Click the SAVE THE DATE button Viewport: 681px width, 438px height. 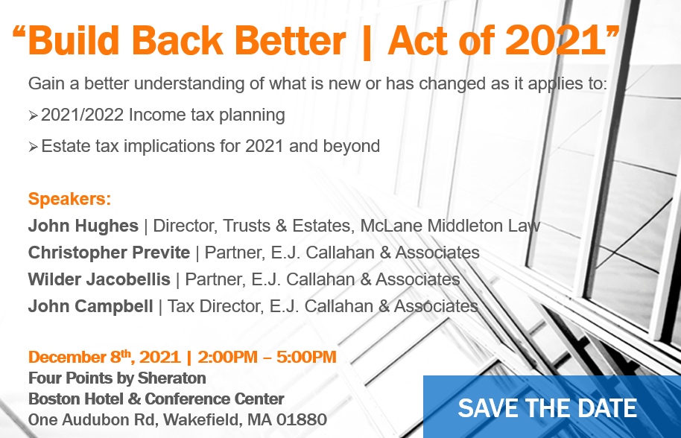pyautogui.click(x=552, y=407)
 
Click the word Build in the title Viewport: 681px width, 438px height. pyautogui.click(x=74, y=41)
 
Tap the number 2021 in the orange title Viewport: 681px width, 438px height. pyautogui.click(x=556, y=41)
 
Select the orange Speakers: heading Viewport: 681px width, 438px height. pyautogui.click(x=69, y=199)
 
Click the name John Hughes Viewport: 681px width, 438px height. pyautogui.click(x=83, y=226)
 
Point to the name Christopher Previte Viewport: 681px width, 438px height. pyautogui.click(x=109, y=253)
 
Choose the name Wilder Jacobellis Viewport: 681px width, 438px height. pyautogui.click(x=99, y=279)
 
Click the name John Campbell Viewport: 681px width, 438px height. pyautogui.click(x=90, y=306)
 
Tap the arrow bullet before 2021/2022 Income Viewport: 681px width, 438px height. pyautogui.click(x=34, y=116)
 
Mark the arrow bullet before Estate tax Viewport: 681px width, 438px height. pyautogui.click(x=34, y=147)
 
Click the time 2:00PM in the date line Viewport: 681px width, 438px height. pyautogui.click(x=227, y=358)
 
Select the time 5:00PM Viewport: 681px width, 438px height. pyautogui.click(x=306, y=358)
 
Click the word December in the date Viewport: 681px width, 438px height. pyautogui.click(x=67, y=358)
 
